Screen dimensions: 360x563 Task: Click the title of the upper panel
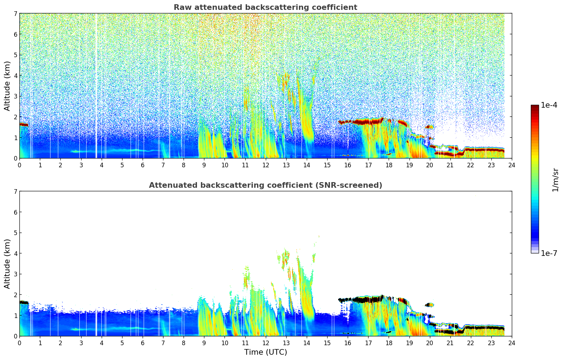point(265,7)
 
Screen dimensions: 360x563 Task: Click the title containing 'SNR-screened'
point(265,185)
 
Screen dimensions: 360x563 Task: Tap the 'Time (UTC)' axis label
point(265,352)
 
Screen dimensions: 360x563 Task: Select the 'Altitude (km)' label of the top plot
point(7,86)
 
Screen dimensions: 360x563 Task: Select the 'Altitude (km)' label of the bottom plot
point(7,264)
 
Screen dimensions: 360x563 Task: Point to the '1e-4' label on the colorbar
point(549,105)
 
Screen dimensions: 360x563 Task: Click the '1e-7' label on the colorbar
point(549,253)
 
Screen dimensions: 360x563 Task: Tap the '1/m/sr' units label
point(555,179)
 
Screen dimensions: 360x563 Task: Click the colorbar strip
point(534,179)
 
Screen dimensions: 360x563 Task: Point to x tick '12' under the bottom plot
point(265,343)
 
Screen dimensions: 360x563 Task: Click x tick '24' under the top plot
point(511,165)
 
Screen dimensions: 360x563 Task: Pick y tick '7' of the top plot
point(15,14)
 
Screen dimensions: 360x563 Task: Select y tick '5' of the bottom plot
point(15,233)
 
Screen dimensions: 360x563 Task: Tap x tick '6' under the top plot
point(143,165)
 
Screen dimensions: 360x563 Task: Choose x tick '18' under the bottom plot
point(389,343)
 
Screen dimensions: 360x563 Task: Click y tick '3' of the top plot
point(15,96)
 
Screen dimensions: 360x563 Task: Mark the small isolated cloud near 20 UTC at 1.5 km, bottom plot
point(429,305)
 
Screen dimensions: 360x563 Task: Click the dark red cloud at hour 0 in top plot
point(24,125)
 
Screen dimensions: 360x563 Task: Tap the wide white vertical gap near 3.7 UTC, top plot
point(96,85)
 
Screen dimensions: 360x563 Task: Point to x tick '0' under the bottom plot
point(19,343)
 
